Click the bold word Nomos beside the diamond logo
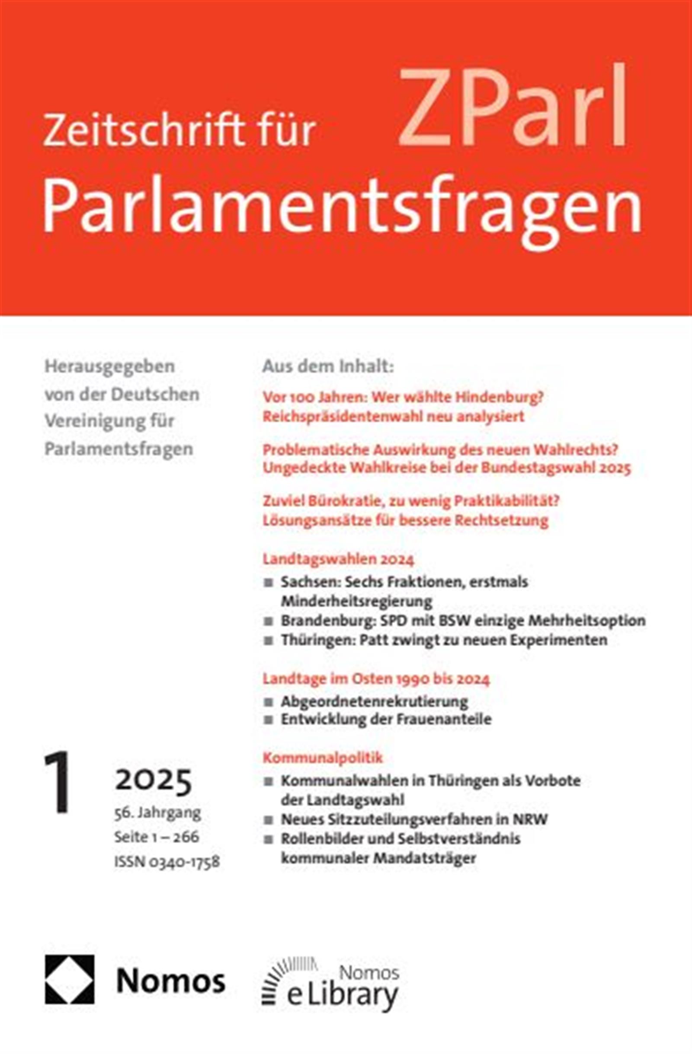(171, 981)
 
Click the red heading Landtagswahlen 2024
(338, 559)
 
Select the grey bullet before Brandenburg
(268, 621)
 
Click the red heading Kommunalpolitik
(323, 758)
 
